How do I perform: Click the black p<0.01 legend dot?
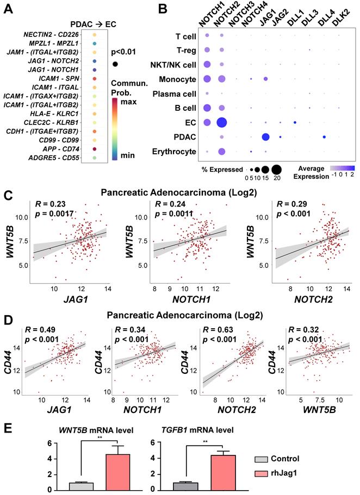pos(115,64)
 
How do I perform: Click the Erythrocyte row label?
pos(173,152)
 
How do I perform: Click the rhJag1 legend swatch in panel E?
pos(260,478)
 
